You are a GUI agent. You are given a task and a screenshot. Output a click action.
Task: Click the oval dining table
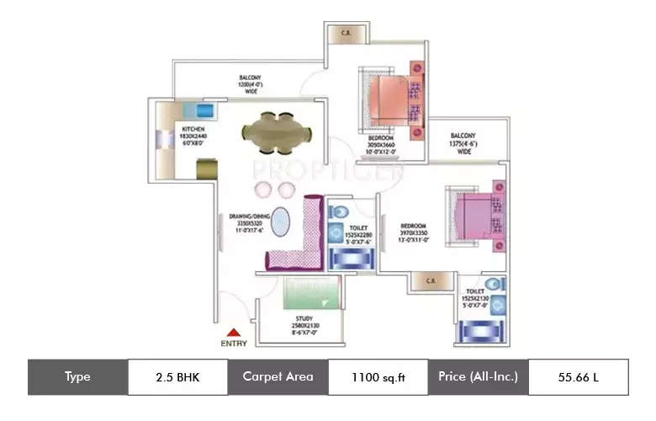tap(276, 131)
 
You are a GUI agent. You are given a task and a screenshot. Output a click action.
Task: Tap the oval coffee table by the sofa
tap(284, 226)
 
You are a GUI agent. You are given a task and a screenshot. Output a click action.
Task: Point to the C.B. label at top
tap(345, 34)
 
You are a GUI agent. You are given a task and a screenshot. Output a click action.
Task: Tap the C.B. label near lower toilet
tap(429, 280)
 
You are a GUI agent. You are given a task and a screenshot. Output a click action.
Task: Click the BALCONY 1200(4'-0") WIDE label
tap(251, 84)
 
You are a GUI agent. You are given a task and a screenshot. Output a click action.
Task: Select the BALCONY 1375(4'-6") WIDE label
tap(463, 142)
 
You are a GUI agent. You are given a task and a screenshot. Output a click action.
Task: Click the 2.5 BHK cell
tap(177, 376)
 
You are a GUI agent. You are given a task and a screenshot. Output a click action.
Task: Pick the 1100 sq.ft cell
tap(378, 376)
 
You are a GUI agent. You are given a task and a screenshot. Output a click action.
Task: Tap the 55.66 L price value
tap(578, 376)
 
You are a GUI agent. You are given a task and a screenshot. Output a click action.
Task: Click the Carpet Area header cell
tap(278, 376)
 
